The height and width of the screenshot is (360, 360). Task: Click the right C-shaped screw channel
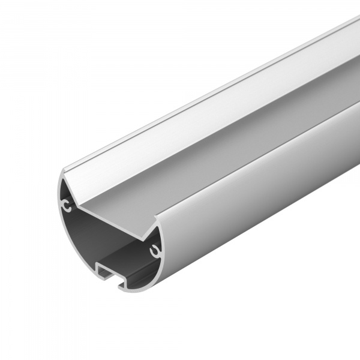(x=155, y=248)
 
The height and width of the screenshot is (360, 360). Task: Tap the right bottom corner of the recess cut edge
(x=144, y=233)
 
